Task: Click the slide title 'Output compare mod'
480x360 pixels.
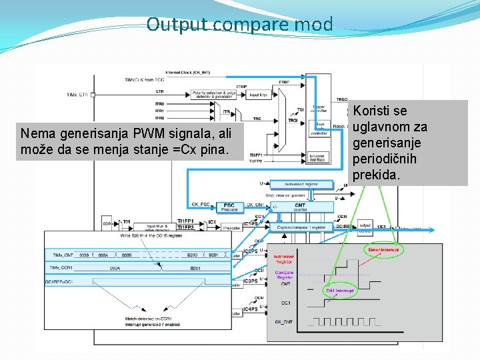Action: pyautogui.click(x=239, y=25)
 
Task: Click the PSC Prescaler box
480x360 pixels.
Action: pyautogui.click(x=229, y=207)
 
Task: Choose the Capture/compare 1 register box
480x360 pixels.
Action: pyautogui.click(x=301, y=227)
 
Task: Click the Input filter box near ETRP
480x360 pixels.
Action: pyautogui.click(x=259, y=95)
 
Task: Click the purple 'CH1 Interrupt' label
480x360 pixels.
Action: pyautogui.click(x=340, y=291)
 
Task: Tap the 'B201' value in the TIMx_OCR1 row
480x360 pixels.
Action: pyautogui.click(x=195, y=267)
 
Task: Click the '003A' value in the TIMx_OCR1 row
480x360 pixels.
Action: pyautogui.click(x=115, y=267)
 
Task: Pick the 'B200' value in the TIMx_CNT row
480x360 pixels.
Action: pyautogui.click(x=192, y=255)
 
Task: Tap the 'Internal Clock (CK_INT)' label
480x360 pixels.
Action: pyautogui.click(x=188, y=71)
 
